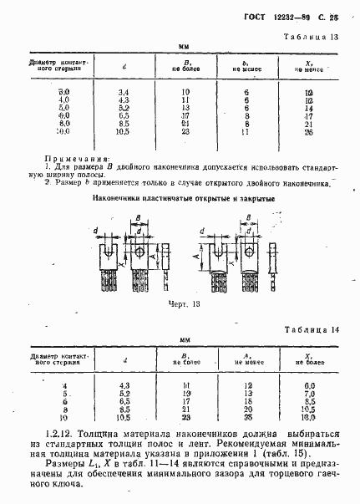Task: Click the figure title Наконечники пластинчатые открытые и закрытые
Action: coord(180,200)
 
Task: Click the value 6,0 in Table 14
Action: coord(309,384)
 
